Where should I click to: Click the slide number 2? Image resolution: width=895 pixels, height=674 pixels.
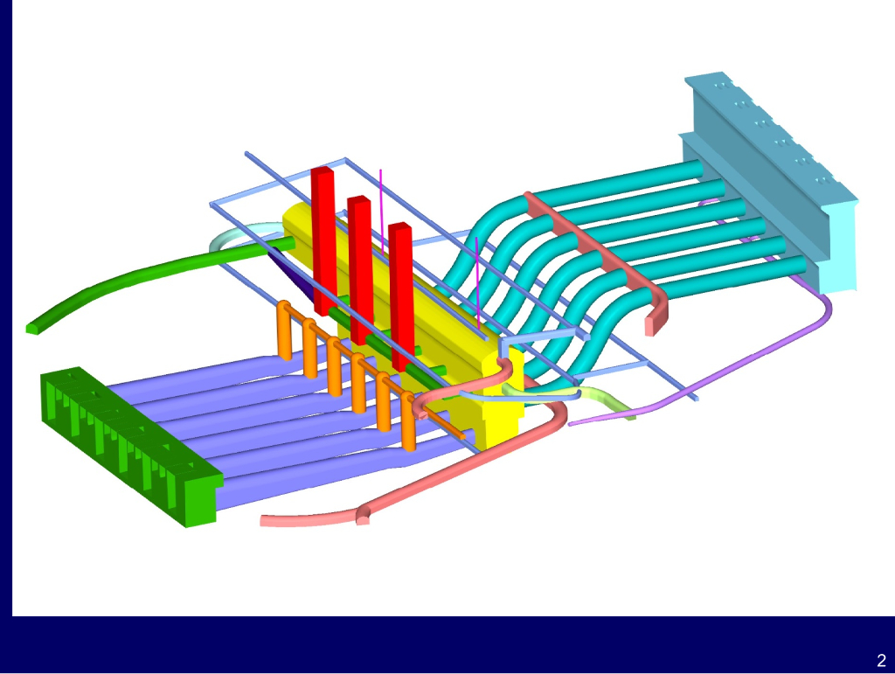(x=881, y=660)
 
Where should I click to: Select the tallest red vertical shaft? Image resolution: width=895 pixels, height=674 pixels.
(x=323, y=240)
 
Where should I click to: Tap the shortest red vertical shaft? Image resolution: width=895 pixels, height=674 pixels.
(x=401, y=296)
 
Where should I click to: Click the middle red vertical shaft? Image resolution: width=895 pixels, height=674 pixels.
(x=360, y=269)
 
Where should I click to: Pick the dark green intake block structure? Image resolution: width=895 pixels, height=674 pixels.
(x=130, y=445)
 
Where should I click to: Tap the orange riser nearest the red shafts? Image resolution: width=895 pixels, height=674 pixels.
(x=284, y=331)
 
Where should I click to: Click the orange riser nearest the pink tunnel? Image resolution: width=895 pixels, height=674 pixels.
(x=408, y=421)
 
